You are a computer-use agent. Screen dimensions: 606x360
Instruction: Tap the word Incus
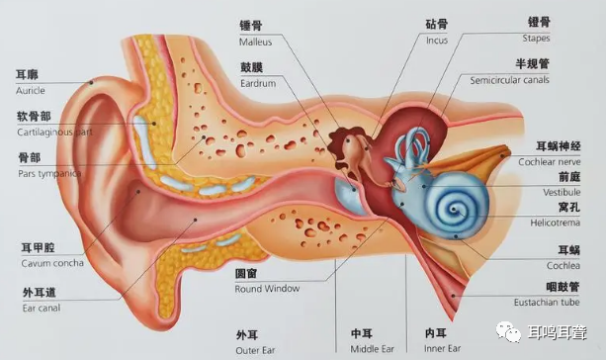pyautogui.click(x=437, y=41)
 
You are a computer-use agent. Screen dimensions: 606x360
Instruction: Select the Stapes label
pyautogui.click(x=536, y=38)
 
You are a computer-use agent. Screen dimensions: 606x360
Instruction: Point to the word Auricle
pyautogui.click(x=31, y=90)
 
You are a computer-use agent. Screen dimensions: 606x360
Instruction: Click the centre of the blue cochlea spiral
pyautogui.click(x=458, y=209)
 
